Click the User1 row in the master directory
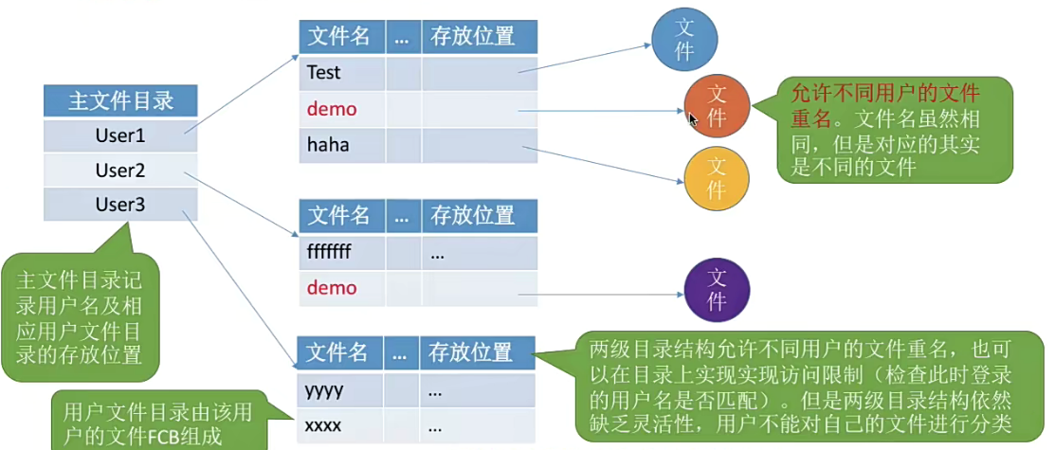click(x=119, y=135)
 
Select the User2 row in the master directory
click(x=119, y=171)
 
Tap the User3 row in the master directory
click(x=119, y=205)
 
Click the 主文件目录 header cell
click(x=119, y=100)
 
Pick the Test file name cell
click(x=342, y=72)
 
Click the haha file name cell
click(x=342, y=145)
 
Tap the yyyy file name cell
click(x=341, y=389)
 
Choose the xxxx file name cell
click(x=341, y=425)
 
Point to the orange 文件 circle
click(x=718, y=105)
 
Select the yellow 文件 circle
click(x=717, y=177)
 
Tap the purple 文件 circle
click(x=717, y=290)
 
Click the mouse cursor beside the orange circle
click(x=693, y=119)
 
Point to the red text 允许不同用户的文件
click(x=884, y=94)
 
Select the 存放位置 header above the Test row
click(x=479, y=37)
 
